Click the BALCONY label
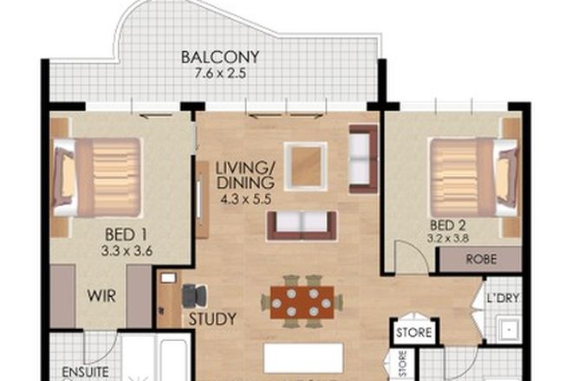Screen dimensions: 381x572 pyautogui.click(x=220, y=58)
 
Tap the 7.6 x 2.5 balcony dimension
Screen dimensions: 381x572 pyautogui.click(x=220, y=74)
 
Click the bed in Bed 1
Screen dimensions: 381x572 pyautogui.click(x=97, y=178)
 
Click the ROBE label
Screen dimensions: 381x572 pyautogui.click(x=481, y=259)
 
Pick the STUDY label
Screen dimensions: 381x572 pyautogui.click(x=211, y=319)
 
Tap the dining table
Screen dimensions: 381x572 pyautogui.click(x=302, y=301)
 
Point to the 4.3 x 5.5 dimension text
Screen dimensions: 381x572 pyautogui.click(x=245, y=198)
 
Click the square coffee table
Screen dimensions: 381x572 pyautogui.click(x=305, y=165)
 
